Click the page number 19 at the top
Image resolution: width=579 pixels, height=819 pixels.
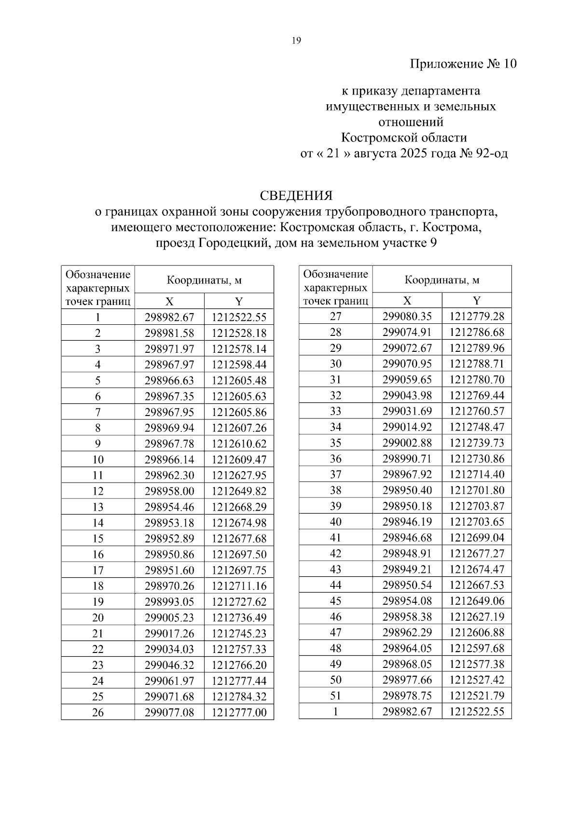pos(296,41)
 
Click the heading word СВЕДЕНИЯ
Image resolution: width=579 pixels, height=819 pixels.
pos(296,195)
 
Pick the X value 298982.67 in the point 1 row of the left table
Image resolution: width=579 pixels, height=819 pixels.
pos(169,317)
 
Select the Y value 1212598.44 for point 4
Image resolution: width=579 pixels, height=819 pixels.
pos(239,364)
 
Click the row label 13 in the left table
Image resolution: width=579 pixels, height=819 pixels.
pos(98,507)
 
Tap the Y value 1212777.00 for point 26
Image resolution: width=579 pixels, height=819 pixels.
pos(239,712)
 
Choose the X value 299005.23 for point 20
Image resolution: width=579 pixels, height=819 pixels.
pos(169,617)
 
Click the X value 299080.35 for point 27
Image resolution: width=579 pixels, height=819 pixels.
pos(407,316)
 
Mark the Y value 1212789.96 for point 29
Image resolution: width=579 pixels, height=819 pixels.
pos(477,348)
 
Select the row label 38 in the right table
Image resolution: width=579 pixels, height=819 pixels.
pos(335,490)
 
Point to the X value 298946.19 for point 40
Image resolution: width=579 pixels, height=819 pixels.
pos(407,522)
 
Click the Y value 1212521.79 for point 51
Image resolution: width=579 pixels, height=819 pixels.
pos(477,695)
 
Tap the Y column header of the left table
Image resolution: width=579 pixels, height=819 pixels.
pos(239,302)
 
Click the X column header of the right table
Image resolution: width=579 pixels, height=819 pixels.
pos(407,301)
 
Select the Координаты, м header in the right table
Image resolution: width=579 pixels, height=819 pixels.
pos(442,280)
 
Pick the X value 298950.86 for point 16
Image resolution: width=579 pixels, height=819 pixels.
pos(169,554)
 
